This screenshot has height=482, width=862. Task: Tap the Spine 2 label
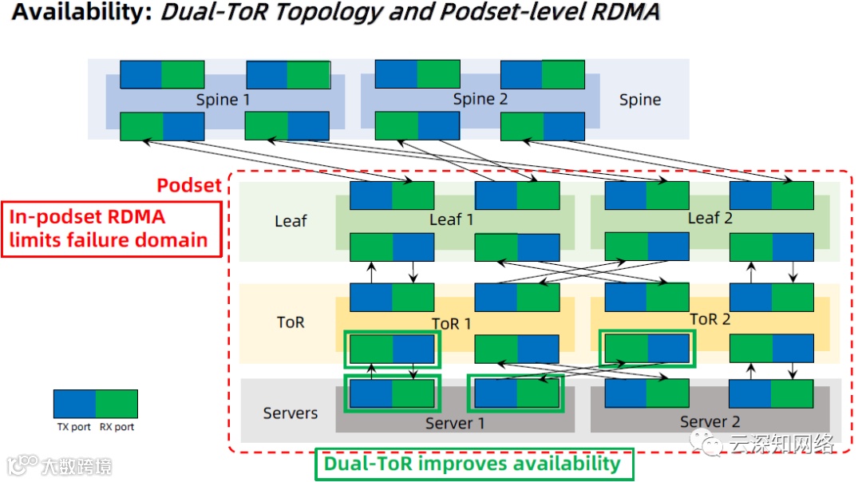[x=480, y=99]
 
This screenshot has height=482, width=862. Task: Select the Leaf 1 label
[x=452, y=219]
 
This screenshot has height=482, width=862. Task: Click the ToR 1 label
[x=452, y=323]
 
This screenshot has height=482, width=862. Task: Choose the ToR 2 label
[x=710, y=319]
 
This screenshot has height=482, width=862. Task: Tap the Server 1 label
[x=455, y=423]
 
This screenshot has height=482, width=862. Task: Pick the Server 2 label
[x=710, y=421]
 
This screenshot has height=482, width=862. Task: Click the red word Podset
[x=188, y=185]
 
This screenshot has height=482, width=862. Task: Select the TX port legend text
[x=73, y=427]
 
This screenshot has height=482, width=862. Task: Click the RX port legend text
[x=117, y=427]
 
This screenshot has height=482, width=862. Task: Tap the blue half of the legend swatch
[x=74, y=404]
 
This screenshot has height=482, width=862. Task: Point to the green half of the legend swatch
[x=117, y=404]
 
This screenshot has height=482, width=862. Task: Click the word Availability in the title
[x=80, y=14]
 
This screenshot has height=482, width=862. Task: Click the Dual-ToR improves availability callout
[x=473, y=464]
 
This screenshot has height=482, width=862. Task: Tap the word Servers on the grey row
[x=291, y=413]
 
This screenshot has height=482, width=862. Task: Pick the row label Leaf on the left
[x=291, y=221]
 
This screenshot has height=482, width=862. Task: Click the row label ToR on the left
[x=291, y=322]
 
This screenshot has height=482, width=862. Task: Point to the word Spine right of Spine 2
[x=640, y=100]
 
